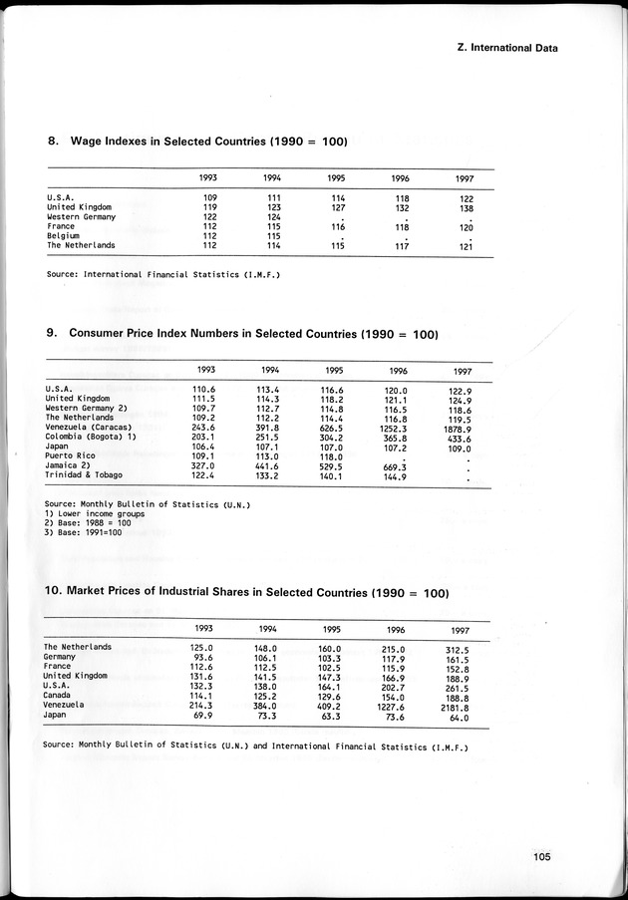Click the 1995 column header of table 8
click(x=336, y=177)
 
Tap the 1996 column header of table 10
click(x=396, y=630)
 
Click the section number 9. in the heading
click(x=53, y=333)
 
